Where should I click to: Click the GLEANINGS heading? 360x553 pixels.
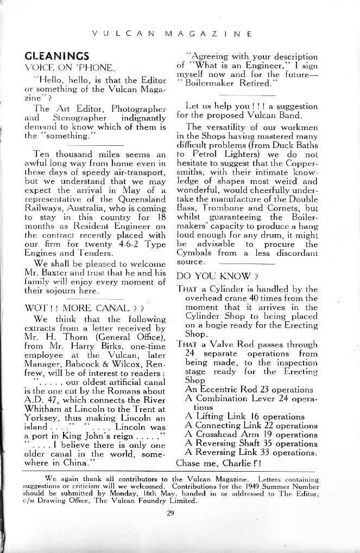click(57, 56)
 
